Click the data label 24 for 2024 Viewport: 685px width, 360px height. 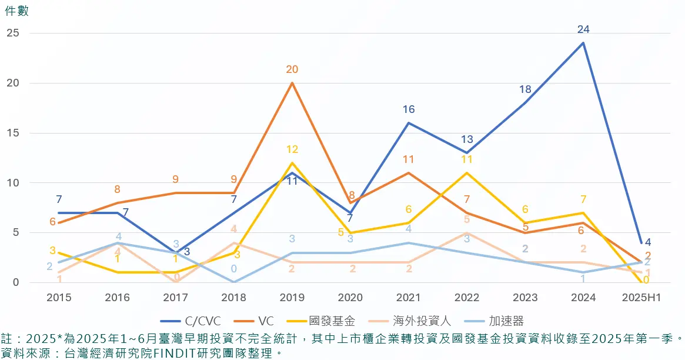(583, 29)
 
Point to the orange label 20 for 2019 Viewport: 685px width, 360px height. (292, 69)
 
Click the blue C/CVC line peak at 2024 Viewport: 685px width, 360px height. (583, 43)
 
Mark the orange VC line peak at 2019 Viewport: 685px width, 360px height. (292, 83)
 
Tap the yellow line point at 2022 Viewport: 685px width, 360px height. (467, 173)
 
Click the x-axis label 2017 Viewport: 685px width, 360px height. (175, 298)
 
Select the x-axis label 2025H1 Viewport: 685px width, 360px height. (641, 298)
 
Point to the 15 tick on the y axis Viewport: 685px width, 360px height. (13, 133)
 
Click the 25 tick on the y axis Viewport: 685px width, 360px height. (13, 33)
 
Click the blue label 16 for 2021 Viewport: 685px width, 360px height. (409, 109)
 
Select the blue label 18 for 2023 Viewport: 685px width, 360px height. (525, 89)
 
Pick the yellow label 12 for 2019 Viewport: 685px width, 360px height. (292, 149)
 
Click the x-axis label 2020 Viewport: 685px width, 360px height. (350, 298)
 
